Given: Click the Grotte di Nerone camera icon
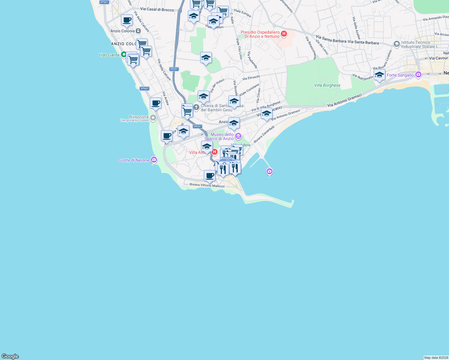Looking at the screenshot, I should tap(154, 160).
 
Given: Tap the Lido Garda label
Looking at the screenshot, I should tap(109, 55).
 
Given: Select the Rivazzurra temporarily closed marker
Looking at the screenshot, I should tap(153, 118).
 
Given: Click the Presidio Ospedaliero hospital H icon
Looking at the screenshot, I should tap(284, 34).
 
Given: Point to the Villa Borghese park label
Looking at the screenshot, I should tap(327, 85).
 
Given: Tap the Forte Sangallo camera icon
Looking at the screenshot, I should tap(418, 75).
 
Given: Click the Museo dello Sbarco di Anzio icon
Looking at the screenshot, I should tap(238, 136).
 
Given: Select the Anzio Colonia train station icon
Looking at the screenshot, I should tap(138, 31).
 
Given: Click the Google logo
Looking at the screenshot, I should tap(10, 356).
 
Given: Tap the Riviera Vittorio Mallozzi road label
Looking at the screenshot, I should tap(207, 185).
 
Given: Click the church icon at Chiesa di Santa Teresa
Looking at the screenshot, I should tap(196, 107).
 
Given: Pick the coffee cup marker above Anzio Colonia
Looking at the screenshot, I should tap(127, 20).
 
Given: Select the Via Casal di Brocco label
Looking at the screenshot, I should tap(157, 9).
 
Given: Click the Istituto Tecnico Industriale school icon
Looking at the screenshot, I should tap(396, 44).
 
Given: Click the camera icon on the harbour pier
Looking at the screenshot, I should tap(269, 171).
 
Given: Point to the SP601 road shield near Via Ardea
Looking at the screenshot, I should tap(144, 88).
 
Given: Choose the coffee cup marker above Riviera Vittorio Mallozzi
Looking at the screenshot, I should tap(209, 175).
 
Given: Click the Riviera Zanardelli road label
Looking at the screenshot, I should tap(264, 134).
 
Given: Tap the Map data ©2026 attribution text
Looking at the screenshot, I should tap(436, 358).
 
